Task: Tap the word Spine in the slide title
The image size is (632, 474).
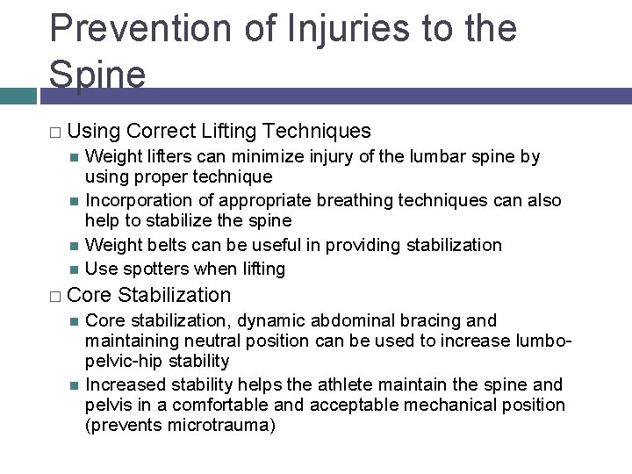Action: click(97, 75)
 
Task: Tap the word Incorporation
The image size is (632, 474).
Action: click(137, 200)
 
